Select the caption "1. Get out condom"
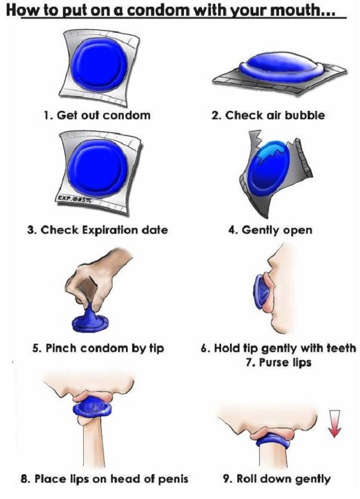click(97, 115)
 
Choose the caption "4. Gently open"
click(270, 230)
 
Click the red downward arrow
click(334, 423)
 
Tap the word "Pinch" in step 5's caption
click(61, 348)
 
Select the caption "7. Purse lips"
click(278, 362)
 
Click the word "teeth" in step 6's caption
click(341, 348)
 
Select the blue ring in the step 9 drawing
click(272, 440)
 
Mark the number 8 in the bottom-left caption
click(24, 479)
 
